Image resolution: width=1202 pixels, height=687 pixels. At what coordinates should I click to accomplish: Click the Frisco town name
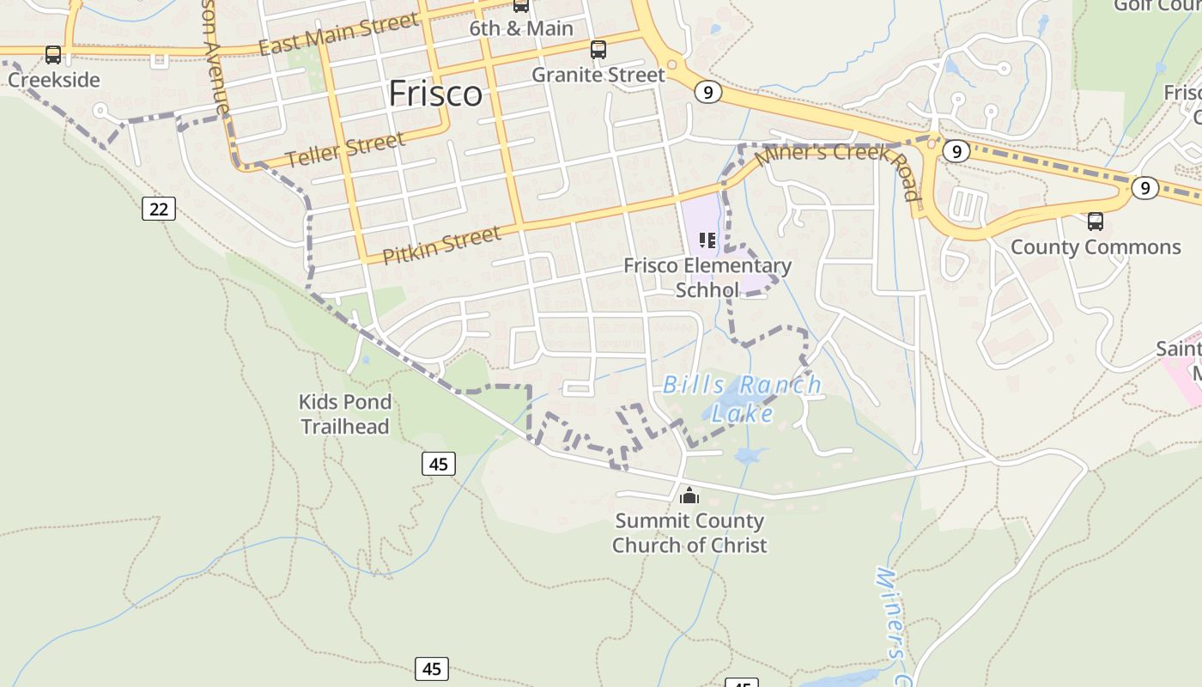435,93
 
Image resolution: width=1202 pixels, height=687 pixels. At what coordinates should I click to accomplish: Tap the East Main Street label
339,34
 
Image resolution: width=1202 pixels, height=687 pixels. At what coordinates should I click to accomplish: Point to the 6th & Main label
521,28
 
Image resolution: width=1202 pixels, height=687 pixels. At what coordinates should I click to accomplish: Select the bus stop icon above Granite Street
598,50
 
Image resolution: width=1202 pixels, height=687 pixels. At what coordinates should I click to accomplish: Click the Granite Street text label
598,75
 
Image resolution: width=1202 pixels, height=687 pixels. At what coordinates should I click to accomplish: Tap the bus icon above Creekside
53,55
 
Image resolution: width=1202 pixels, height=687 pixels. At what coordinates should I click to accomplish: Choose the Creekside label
54,80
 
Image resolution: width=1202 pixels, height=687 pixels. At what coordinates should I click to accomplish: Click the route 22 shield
159,208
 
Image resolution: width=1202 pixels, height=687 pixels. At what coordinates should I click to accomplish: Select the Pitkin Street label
441,245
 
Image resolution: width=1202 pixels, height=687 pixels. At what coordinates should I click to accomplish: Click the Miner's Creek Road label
837,171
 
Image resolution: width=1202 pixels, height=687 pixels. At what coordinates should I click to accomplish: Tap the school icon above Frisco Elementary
707,240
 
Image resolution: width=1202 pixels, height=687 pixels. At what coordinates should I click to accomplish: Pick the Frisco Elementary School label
707,277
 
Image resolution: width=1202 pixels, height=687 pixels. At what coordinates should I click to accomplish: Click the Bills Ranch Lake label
743,398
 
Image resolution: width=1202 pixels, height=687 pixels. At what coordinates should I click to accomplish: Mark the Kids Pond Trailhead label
345,414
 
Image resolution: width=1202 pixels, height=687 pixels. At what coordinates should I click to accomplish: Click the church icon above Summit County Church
689,495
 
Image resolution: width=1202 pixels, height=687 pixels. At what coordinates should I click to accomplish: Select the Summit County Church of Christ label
689,532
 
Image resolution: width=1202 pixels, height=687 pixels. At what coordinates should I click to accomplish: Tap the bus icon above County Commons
1096,222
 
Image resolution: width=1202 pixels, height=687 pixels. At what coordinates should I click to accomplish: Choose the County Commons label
1096,247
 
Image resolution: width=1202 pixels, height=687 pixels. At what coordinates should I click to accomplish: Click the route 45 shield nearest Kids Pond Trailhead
439,465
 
